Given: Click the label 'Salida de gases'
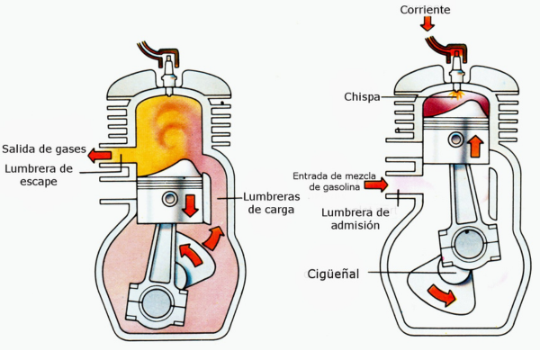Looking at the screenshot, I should click(42, 148).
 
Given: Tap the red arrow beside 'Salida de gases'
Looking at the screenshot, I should click(100, 156).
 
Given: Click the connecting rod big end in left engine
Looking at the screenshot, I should click(157, 302).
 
